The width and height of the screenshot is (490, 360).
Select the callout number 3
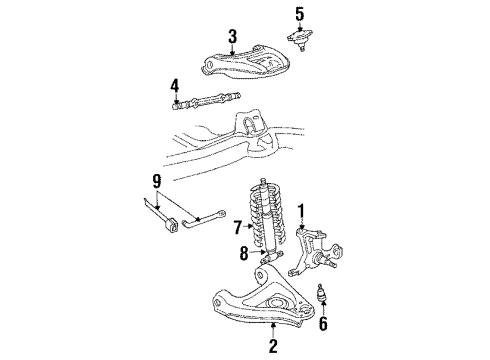232,38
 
